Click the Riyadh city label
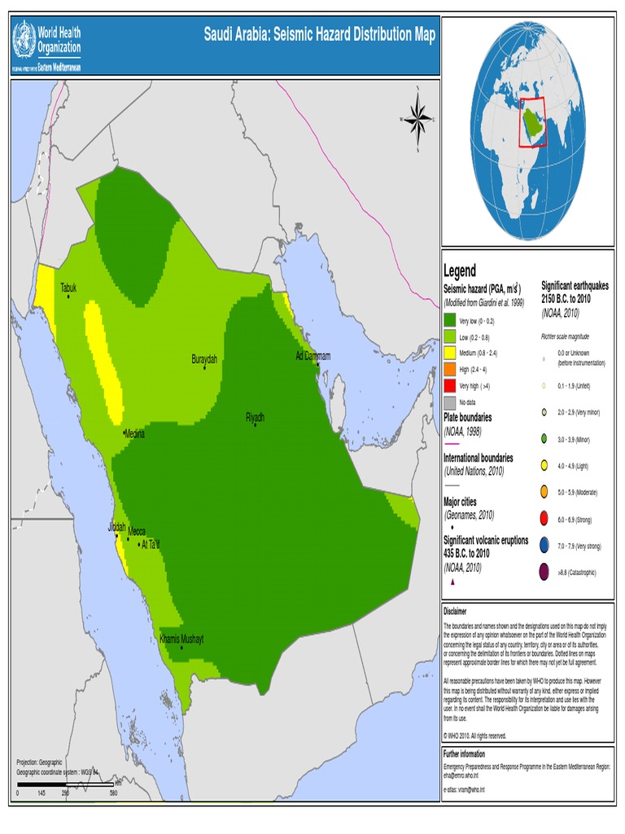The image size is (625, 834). coord(255,417)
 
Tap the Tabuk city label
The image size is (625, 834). coord(68,288)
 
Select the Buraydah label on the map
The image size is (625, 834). coord(204,359)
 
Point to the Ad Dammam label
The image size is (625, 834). coord(312,357)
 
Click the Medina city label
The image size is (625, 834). coord(134,434)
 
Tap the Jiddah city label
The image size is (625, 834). coord(116,528)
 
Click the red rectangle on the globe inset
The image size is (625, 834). coord(532,123)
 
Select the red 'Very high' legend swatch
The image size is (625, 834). coord(449,385)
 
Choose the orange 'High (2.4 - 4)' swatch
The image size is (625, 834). coord(449,369)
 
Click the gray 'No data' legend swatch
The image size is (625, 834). coord(449,402)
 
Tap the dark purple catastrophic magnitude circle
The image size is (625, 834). coord(543,573)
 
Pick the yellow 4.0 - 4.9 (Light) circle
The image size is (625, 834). coord(543,466)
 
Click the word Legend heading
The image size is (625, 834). coord(460,270)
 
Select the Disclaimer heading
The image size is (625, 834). coord(455,611)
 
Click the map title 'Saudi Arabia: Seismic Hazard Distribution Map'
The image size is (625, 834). coord(319,35)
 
